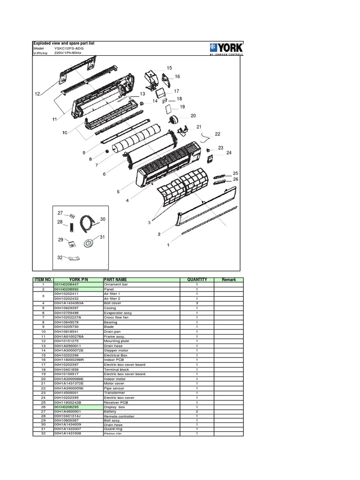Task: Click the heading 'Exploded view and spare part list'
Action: (x=63, y=43)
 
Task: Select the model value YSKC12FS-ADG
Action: (x=69, y=48)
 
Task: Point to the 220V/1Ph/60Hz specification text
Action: (x=70, y=53)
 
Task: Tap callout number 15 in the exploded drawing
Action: (x=169, y=68)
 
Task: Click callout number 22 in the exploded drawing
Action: (x=217, y=134)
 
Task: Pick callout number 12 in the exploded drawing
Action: (x=37, y=94)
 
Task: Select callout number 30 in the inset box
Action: (x=103, y=219)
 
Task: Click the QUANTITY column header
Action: (x=197, y=280)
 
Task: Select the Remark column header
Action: (x=229, y=280)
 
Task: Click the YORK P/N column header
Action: (x=78, y=280)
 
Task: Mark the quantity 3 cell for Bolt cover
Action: (x=197, y=303)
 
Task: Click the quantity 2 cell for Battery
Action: (x=197, y=412)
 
